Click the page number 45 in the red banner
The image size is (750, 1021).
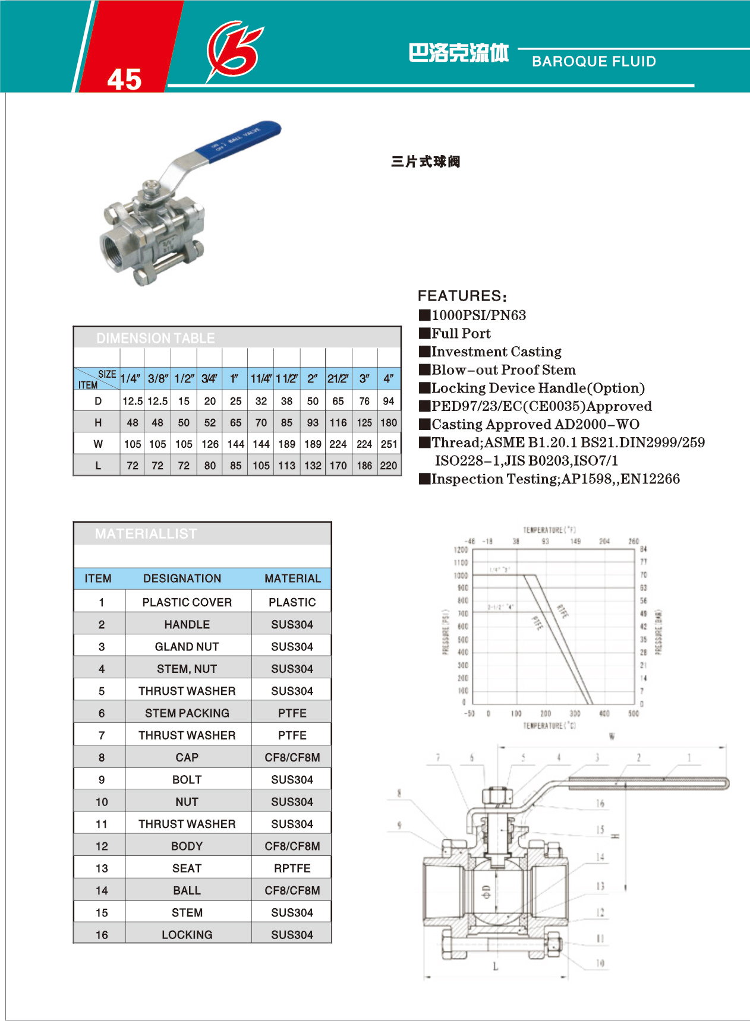coord(124,79)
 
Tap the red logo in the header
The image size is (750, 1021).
coord(234,50)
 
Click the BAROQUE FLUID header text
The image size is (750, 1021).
coord(594,61)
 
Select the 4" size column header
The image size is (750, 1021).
coord(388,378)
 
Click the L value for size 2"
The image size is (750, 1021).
coord(313,466)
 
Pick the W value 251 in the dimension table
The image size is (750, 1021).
coord(389,444)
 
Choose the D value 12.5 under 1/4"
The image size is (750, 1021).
coord(132,401)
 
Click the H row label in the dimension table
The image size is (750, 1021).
coord(98,422)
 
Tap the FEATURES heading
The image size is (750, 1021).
coord(462,296)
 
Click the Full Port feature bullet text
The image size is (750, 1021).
coord(461,333)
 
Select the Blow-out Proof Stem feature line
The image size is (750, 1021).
coord(503,370)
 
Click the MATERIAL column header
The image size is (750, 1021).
coord(292,579)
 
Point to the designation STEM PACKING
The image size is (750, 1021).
coord(187,713)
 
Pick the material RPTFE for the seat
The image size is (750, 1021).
coord(292,868)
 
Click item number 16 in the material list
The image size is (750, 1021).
coord(102,935)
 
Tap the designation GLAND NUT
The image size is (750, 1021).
coord(187,646)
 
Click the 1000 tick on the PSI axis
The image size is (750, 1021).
coord(461,576)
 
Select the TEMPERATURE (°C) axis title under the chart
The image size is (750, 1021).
coord(549,726)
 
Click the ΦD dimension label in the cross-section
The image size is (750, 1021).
coord(486,892)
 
